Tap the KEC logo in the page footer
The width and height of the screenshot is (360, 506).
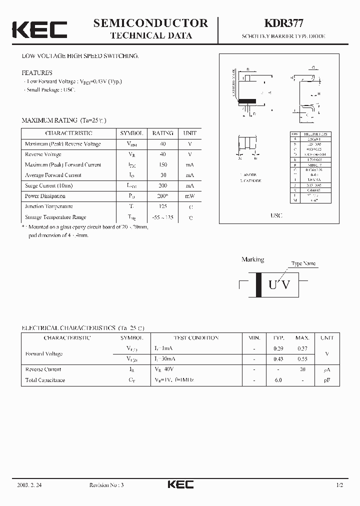point(179,484)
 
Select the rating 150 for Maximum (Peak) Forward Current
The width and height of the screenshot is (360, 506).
point(162,164)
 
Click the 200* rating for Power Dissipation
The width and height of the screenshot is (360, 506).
point(162,195)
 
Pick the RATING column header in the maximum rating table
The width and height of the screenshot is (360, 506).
point(162,133)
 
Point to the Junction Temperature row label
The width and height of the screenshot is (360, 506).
point(48,206)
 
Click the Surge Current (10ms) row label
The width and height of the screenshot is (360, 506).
point(49,185)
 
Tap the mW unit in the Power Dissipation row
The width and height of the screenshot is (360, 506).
point(190,195)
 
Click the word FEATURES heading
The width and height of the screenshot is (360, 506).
point(36,72)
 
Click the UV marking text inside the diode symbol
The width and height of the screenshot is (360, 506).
point(279,285)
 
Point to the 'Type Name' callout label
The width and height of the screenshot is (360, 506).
point(303,263)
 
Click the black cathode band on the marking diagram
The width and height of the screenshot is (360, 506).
point(258,285)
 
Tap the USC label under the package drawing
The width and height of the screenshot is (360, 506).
point(276,215)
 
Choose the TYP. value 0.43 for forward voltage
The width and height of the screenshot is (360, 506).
point(278,359)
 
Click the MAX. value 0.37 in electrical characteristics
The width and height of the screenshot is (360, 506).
point(302,348)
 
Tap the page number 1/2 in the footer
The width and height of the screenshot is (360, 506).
point(340,485)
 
